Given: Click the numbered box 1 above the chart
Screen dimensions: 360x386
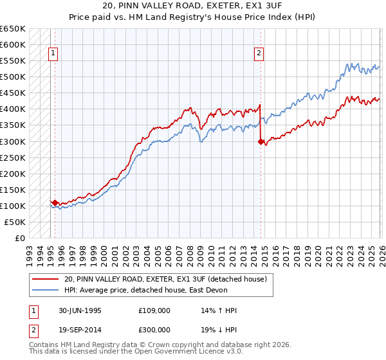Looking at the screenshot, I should pos(52,54).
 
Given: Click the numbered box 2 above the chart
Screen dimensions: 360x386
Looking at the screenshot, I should pos(259,54).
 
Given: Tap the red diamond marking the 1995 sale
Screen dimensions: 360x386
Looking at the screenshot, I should pos(55,203).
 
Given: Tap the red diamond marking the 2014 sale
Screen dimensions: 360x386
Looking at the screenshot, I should pos(261,141).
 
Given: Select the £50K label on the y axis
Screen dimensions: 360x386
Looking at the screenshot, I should pos(15,222).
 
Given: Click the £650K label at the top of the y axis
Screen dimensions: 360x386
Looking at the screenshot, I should pos(14,29).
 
